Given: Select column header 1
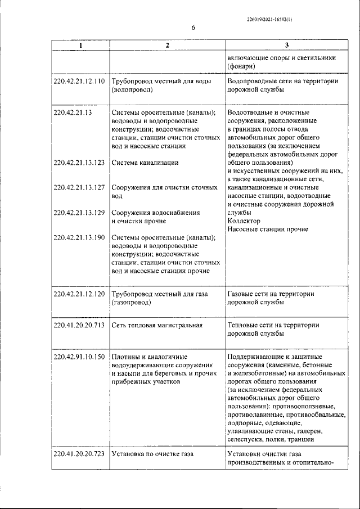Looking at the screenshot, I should (80, 46).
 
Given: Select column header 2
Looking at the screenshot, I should (167, 46).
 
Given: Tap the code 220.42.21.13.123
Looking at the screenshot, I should (79, 163).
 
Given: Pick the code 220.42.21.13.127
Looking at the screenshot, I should (79, 188).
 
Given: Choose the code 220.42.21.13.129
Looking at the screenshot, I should (79, 213).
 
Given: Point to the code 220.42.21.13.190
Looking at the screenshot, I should (79, 237).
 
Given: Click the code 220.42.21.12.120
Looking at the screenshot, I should (79, 294).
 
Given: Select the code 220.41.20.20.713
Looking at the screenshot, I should (79, 325).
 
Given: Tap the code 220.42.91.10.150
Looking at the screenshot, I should (79, 357).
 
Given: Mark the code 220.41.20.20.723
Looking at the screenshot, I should (79, 453).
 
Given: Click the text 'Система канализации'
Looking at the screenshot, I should (145, 163).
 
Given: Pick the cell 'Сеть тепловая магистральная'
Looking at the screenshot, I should (157, 325).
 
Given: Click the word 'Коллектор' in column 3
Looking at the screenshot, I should (244, 221).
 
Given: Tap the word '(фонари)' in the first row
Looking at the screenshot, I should (242, 66).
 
